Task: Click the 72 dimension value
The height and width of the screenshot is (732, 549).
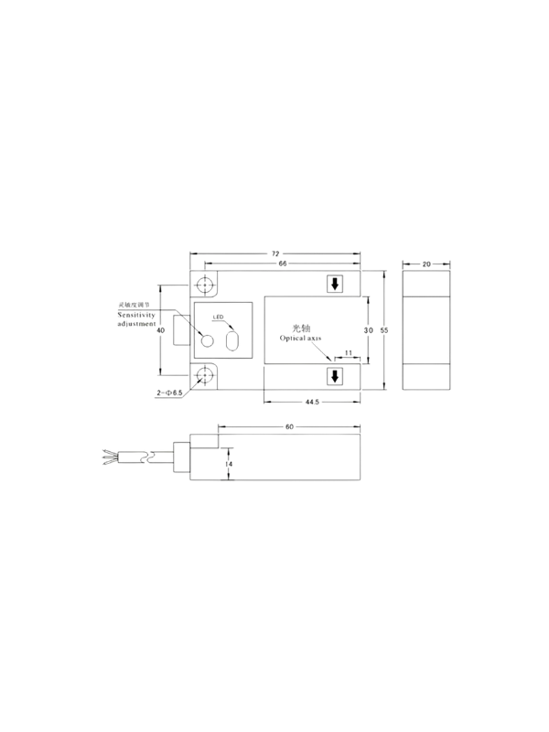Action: [275, 254]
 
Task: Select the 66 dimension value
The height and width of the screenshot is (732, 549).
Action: [283, 264]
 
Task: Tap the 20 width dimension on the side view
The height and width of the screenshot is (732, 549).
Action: [426, 264]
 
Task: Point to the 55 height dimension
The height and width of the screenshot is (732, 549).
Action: [384, 330]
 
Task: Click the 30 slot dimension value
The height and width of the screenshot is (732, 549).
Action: [369, 330]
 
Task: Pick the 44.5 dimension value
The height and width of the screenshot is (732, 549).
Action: [312, 402]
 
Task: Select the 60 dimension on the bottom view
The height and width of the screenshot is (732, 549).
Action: [289, 426]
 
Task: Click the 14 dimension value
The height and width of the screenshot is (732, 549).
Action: [228, 464]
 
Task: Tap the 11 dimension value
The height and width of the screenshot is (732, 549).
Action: [349, 353]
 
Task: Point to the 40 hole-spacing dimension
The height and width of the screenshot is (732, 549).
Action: [161, 330]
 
